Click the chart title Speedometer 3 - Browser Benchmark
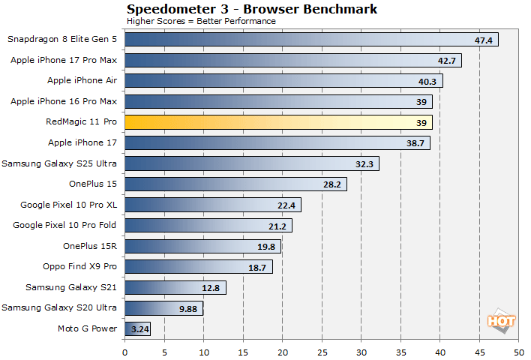point(252,9)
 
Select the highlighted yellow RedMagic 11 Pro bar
point(277,121)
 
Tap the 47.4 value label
point(484,40)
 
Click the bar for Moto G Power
point(137,328)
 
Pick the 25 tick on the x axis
point(322,349)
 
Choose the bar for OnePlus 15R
point(202,246)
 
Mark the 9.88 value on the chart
point(187,308)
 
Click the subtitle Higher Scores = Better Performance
point(201,21)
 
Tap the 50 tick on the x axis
point(518,349)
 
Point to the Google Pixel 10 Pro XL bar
point(212,205)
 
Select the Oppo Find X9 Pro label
point(80,266)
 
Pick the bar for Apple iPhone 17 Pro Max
point(292,60)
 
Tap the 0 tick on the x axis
point(124,349)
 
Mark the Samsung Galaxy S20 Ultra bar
point(163,307)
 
